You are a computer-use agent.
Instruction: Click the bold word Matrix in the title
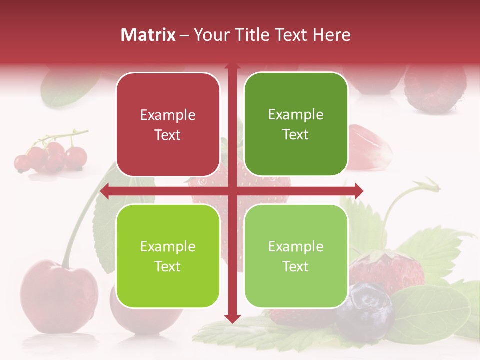(148, 35)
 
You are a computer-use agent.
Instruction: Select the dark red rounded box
(168, 125)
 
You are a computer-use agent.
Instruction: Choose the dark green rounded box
(296, 125)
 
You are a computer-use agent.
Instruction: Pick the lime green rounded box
(168, 256)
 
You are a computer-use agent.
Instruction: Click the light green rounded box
(296, 256)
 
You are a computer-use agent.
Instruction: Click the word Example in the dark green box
(296, 115)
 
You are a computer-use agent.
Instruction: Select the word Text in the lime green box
(168, 266)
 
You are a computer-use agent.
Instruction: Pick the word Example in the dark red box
(168, 115)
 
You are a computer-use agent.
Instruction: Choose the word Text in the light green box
(296, 266)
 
